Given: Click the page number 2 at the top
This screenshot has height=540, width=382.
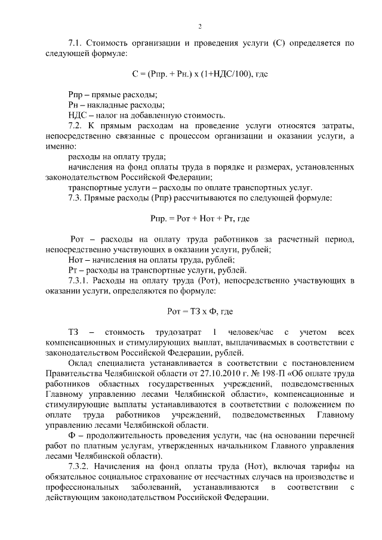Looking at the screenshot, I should [x=200, y=26].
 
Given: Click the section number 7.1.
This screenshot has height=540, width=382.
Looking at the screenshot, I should [x=76, y=44].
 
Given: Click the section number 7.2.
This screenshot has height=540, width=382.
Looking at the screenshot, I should [x=76, y=126].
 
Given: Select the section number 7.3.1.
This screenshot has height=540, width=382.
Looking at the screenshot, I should [x=79, y=280].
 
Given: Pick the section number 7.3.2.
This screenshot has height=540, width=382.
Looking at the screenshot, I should [x=79, y=467].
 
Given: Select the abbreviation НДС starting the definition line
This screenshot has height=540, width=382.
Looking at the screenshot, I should [x=78, y=115].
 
